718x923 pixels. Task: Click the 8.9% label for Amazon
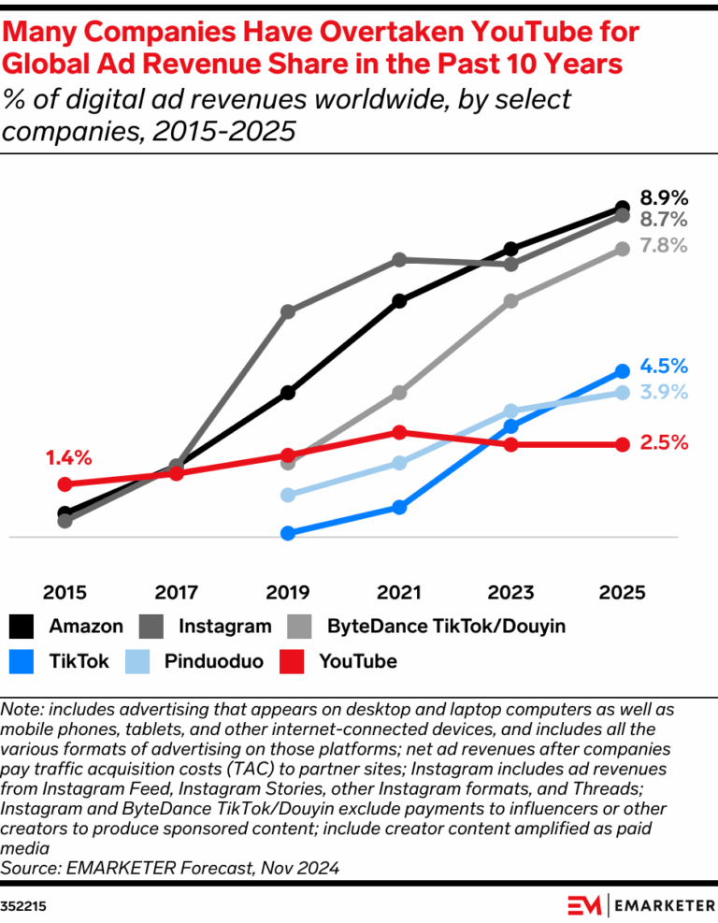coord(664,198)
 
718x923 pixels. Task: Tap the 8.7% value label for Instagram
coord(664,221)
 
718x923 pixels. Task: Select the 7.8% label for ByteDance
coord(664,246)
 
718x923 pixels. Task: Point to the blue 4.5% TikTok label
coord(664,367)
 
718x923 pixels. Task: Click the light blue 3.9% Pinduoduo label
coord(664,392)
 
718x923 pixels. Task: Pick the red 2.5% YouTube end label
coord(664,443)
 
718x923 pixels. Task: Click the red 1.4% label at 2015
coord(68,458)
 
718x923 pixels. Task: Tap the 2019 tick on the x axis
coord(288,593)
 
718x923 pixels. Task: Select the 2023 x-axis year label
coord(510,593)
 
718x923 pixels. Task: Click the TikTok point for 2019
coord(288,533)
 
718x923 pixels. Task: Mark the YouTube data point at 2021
coord(399,432)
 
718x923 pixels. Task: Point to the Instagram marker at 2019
coord(288,310)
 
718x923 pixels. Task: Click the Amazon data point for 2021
coord(399,301)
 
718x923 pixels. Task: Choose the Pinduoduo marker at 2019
coord(288,495)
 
